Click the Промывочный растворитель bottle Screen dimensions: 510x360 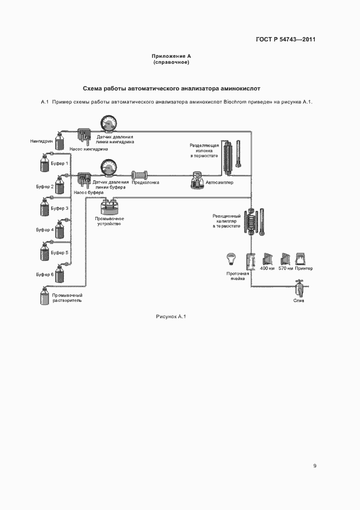pos(45,297)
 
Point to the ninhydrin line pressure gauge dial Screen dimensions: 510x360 pos(108,125)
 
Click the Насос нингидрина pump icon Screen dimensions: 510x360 pos(84,136)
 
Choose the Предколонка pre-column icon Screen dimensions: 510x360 pos(141,175)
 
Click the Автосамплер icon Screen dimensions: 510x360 pos(197,181)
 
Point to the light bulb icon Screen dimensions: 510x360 pos(231,257)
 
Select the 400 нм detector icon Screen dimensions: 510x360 pos(267,258)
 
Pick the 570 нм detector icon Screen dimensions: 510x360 pos(285,258)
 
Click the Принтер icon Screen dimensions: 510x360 pos(301,258)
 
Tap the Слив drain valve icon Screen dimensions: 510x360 pos(298,287)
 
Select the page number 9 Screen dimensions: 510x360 pos(315,465)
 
